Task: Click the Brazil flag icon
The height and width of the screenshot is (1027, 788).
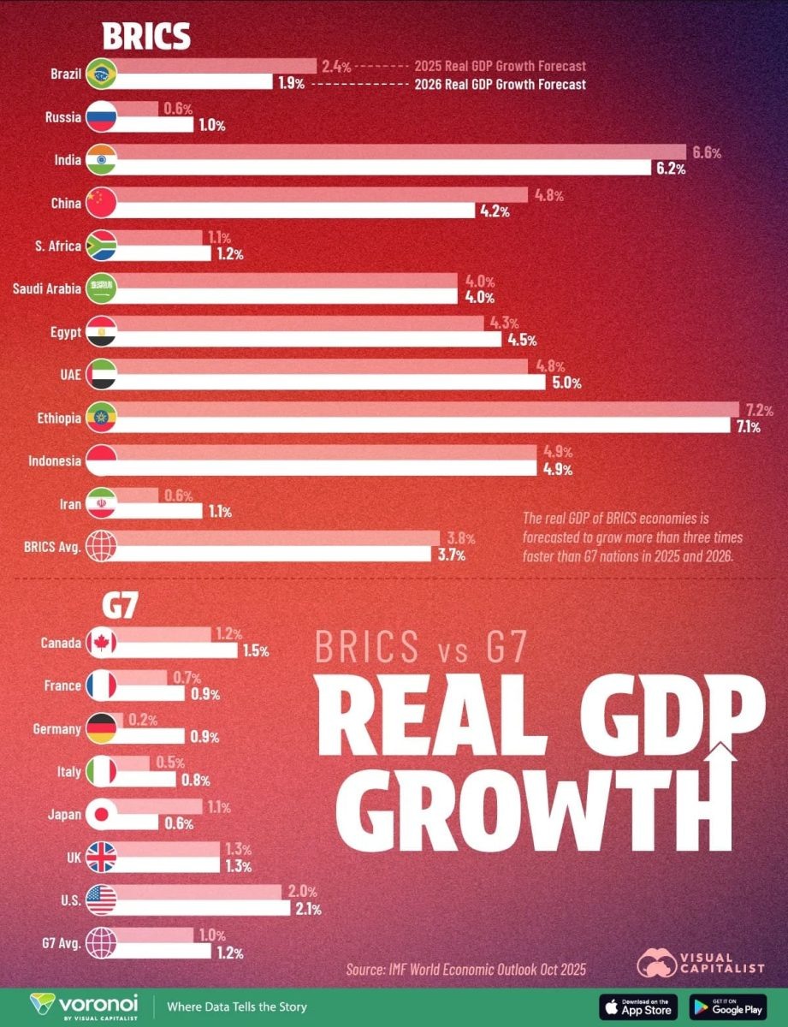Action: (101, 74)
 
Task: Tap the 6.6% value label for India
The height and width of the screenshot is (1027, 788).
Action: (706, 153)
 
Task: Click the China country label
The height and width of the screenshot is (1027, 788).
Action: (67, 203)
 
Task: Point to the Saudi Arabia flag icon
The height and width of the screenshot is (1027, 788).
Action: (101, 288)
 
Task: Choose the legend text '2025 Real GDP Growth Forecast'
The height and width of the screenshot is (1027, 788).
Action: (500, 66)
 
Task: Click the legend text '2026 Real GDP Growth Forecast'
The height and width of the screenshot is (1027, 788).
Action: (500, 85)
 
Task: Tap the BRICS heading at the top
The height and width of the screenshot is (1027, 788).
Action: (145, 37)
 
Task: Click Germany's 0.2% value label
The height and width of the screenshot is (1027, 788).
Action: (142, 721)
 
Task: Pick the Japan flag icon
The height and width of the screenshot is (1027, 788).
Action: (101, 815)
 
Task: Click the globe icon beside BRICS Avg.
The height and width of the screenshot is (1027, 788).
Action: (101, 546)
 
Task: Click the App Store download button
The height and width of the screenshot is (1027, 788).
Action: (638, 1006)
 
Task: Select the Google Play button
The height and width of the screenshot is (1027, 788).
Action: (728, 1006)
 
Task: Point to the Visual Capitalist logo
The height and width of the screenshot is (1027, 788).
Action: (701, 961)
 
